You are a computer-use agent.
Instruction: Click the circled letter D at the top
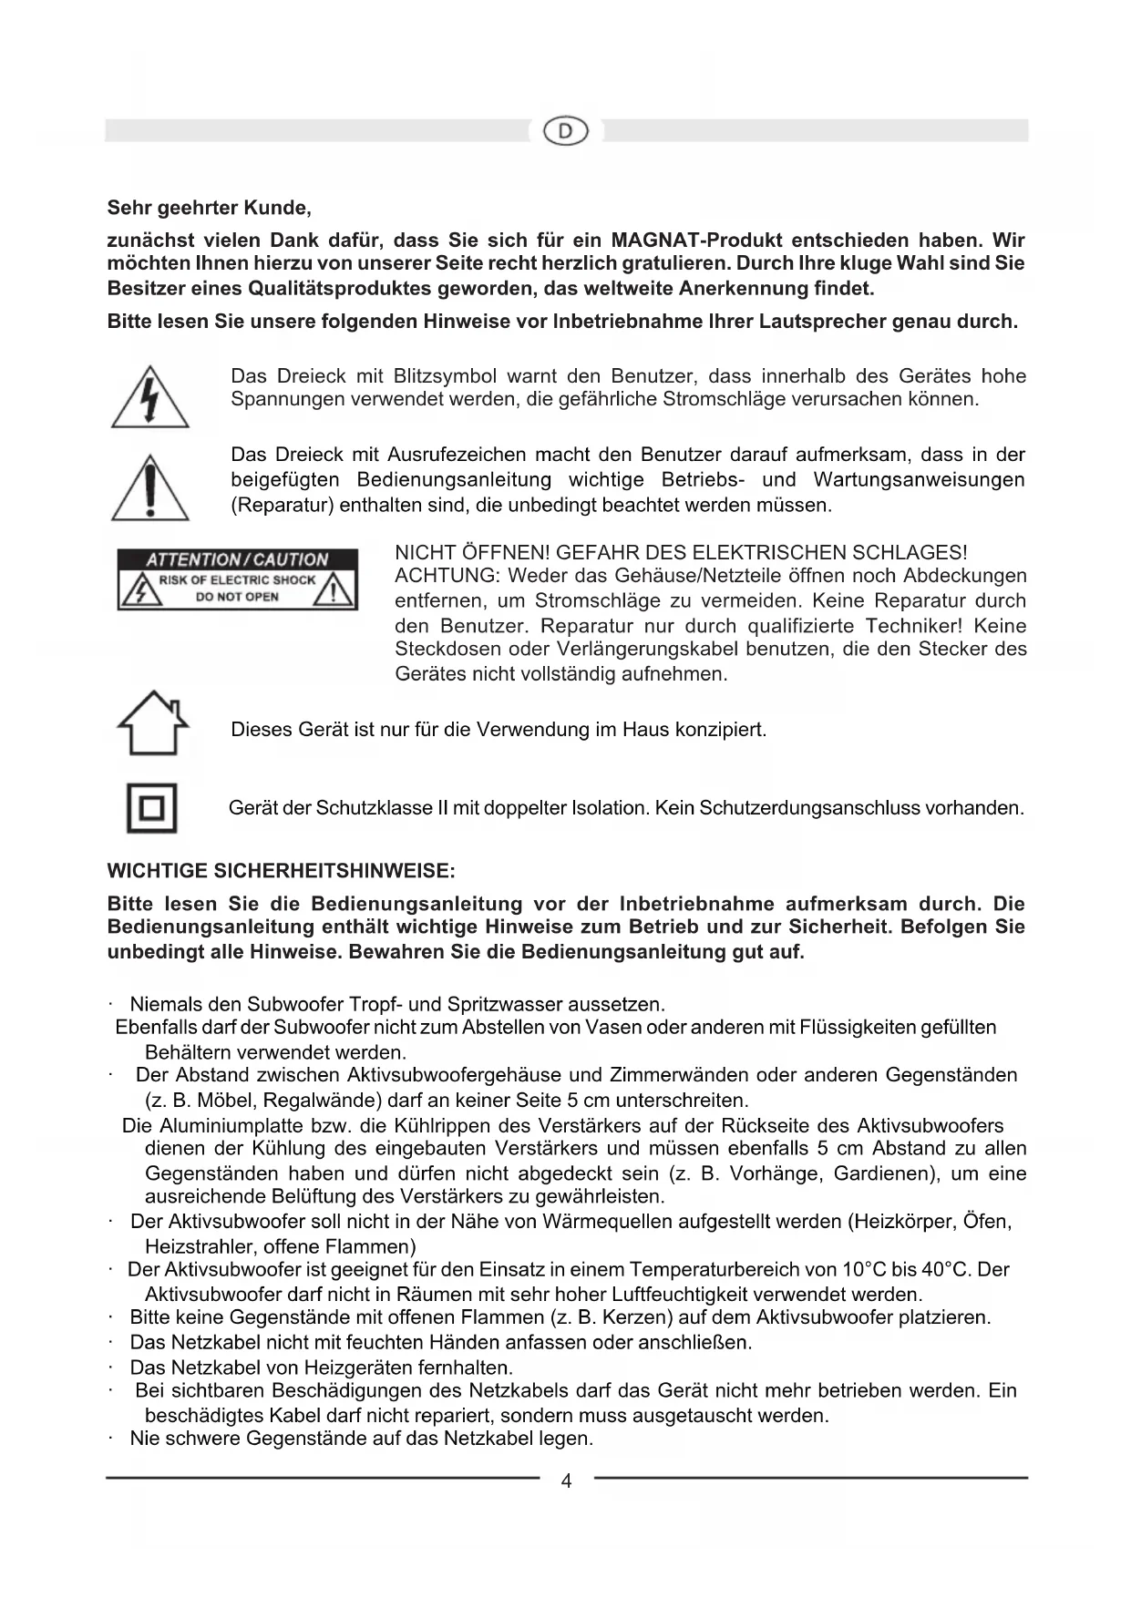click(x=566, y=131)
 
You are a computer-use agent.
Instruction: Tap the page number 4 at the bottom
click(x=566, y=1481)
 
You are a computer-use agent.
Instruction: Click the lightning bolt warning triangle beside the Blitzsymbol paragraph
click(x=150, y=398)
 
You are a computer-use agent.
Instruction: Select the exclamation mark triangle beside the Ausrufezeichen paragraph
click(x=150, y=489)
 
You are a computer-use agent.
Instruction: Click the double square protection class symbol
click(x=151, y=808)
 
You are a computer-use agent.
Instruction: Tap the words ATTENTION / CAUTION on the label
click(x=237, y=559)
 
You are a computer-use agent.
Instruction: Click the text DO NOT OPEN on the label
click(x=237, y=597)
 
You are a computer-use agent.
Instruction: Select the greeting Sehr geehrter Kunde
click(x=210, y=208)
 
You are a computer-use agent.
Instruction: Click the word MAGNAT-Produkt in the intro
click(x=695, y=241)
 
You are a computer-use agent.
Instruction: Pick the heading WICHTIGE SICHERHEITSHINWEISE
click(x=281, y=870)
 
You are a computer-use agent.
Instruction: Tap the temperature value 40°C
click(x=944, y=1269)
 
